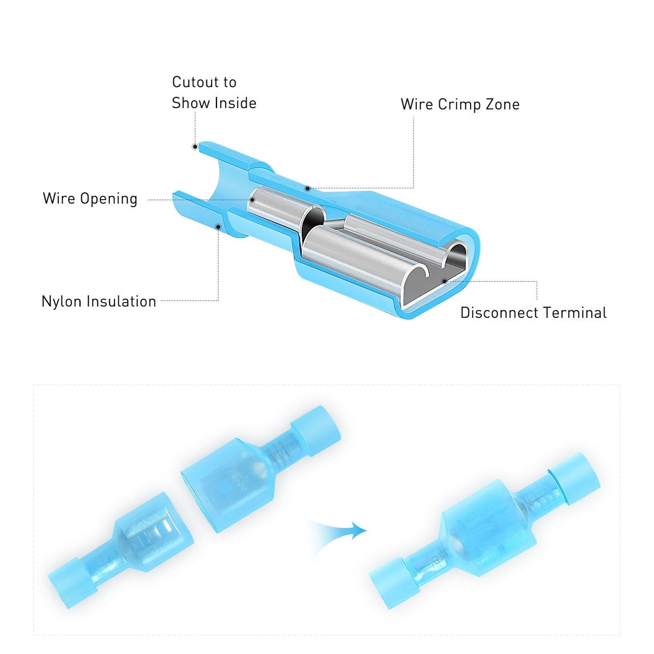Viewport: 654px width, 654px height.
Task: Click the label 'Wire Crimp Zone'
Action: pyautogui.click(x=460, y=105)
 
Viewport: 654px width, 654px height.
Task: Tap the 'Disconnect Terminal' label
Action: pyautogui.click(x=533, y=313)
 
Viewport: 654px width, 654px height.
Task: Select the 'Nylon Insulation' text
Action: pyautogui.click(x=99, y=301)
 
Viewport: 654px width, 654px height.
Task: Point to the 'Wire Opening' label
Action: pyautogui.click(x=90, y=199)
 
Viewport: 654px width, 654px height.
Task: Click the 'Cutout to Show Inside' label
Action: pyautogui.click(x=214, y=92)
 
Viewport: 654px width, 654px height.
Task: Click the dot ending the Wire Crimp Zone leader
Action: pyautogui.click(x=307, y=188)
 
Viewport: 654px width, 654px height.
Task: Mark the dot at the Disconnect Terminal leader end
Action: pyautogui.click(x=444, y=281)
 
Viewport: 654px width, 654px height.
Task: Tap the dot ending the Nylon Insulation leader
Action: pyautogui.click(x=218, y=226)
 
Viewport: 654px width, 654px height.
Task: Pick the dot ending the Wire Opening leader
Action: pyautogui.click(x=252, y=200)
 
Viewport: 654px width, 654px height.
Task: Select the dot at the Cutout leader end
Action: pyautogui.click(x=195, y=147)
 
